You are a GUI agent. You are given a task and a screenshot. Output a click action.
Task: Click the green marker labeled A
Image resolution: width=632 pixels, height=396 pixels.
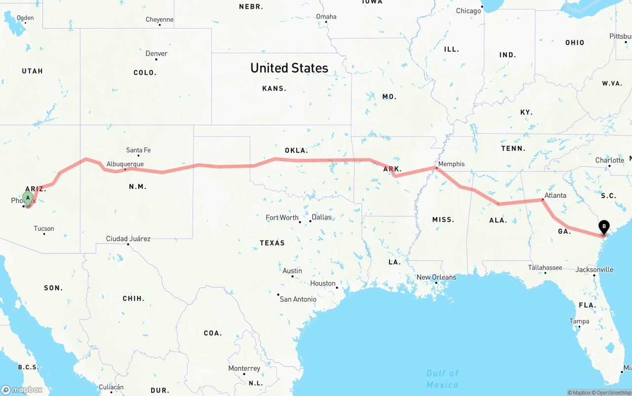28,198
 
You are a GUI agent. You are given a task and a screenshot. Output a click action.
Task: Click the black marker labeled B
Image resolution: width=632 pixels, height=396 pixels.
603,227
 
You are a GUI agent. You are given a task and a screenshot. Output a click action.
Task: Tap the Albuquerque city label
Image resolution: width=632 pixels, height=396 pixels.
125,164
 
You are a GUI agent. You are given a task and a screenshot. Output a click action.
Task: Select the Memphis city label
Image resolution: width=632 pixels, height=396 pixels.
451,164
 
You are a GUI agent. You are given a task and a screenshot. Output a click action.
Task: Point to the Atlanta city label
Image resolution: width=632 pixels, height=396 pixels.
555,195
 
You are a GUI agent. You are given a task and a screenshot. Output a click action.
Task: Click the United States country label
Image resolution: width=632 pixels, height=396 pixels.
289,68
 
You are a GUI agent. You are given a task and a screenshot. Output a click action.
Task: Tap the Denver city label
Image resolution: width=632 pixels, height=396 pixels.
156,53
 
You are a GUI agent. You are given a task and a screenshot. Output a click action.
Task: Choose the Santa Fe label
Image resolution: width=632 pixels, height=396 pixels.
138,150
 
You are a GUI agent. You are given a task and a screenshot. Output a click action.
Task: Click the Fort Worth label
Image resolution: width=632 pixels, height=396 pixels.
282,217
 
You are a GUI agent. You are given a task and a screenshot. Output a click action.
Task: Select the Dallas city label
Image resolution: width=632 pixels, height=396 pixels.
321,217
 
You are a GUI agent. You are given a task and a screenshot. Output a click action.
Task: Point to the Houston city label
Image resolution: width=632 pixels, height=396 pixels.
323,283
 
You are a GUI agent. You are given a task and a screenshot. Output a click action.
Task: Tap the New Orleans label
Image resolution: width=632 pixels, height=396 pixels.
436,277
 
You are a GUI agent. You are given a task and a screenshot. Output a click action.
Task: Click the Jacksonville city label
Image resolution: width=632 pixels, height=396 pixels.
594,269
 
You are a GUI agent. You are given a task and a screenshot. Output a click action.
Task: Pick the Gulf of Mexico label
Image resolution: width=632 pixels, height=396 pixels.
442,379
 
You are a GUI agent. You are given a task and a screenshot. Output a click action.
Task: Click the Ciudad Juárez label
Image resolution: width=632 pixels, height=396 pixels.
128,239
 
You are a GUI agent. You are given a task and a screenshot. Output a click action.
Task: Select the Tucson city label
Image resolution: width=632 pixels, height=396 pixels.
44,228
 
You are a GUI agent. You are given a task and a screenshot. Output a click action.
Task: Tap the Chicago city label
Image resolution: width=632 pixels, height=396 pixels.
468,11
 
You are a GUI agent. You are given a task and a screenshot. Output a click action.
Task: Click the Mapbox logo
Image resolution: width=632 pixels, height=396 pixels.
22,390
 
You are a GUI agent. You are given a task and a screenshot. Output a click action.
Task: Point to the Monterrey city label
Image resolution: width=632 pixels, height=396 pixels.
244,368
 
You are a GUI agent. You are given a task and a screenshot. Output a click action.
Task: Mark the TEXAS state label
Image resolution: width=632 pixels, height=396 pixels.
272,243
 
